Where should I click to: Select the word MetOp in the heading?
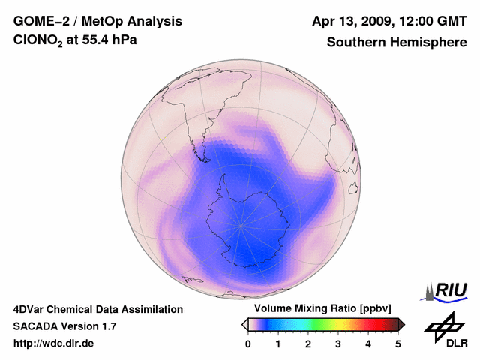click(106, 21)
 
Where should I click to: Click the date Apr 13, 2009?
click(352, 21)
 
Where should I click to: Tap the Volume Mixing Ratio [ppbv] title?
click(323, 308)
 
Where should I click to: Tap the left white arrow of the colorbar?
click(244, 324)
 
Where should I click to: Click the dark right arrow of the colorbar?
click(402, 324)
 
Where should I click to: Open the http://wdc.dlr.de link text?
click(54, 343)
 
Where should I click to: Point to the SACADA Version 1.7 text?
click(64, 326)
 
